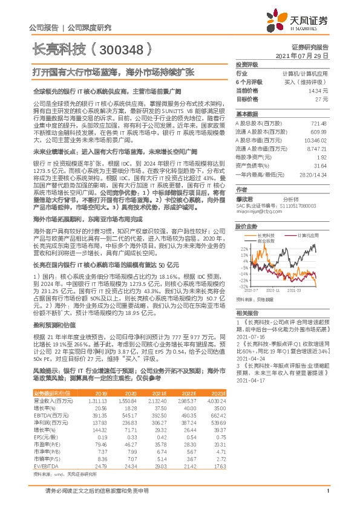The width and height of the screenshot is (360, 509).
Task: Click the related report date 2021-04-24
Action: click(250, 357)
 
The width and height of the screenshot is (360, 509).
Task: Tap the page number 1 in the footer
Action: click(327, 497)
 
